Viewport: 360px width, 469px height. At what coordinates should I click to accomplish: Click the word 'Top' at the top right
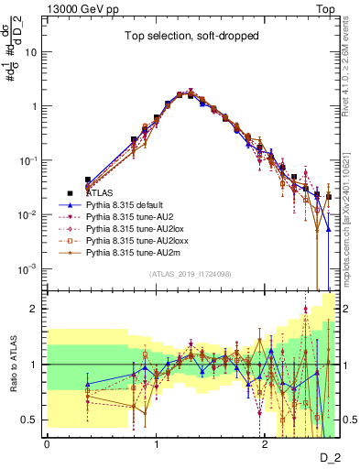[326, 7]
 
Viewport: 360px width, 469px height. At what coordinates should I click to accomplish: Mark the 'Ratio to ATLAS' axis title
[13, 364]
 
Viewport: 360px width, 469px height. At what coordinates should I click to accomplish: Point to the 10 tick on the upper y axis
[37, 52]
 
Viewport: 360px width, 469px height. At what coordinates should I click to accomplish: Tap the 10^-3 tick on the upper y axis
[33, 268]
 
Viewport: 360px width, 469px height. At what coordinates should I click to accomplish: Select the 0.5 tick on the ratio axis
[34, 420]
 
